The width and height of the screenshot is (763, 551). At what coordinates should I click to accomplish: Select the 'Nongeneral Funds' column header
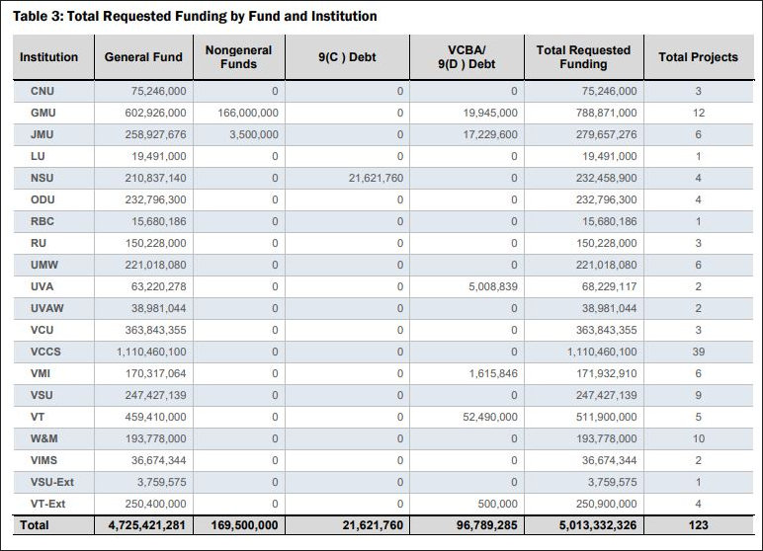[238, 57]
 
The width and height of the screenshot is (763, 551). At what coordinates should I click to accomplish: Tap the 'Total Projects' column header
[698, 57]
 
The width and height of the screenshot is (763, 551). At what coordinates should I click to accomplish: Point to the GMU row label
[43, 113]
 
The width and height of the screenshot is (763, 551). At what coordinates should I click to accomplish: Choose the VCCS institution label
[46, 352]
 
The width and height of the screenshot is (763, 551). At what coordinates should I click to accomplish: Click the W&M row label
[45, 438]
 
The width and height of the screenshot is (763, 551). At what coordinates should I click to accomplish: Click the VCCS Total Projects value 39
[698, 352]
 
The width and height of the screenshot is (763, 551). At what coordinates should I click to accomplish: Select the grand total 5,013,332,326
[587, 525]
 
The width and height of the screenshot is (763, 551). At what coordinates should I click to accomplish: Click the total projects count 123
[698, 525]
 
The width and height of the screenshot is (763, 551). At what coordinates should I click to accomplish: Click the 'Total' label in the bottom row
[35, 525]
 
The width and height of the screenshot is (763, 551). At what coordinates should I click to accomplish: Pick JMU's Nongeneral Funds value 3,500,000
[253, 134]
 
